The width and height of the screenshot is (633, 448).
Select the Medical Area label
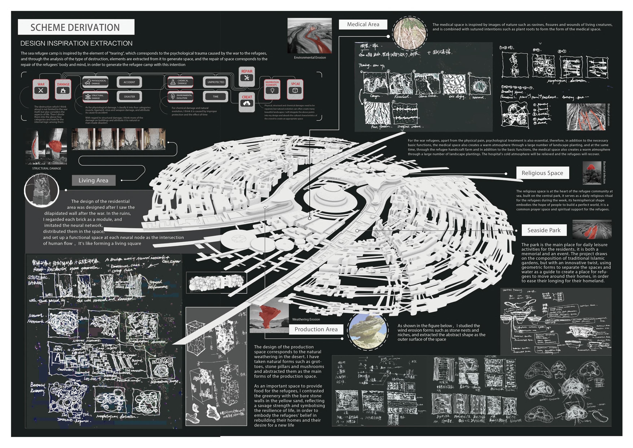coord(363,24)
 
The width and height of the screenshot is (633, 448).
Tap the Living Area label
coord(93,180)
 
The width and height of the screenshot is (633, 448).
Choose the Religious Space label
coord(542,173)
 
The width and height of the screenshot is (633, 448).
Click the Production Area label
coord(316,329)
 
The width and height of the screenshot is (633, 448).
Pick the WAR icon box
coord(41,89)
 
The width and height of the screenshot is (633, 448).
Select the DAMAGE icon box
coord(63,89)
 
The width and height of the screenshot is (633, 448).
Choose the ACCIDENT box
coord(129,82)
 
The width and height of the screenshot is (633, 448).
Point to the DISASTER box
coord(129,97)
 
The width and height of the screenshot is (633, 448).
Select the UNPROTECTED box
coord(216,82)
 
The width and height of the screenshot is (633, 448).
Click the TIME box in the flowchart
coord(216,97)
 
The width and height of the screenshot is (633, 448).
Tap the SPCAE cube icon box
coord(295,89)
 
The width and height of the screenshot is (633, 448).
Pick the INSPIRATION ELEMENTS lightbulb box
coord(272,89)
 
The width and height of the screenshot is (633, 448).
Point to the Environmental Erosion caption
coord(310,57)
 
